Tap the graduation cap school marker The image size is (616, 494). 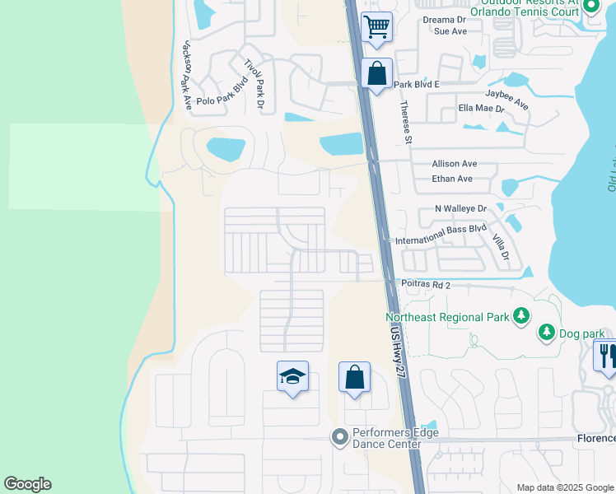292,377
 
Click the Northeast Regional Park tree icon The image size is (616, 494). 520,316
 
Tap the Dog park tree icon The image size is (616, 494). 545,333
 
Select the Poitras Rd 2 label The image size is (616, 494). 427,285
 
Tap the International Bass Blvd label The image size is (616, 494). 441,235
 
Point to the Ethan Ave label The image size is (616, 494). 452,179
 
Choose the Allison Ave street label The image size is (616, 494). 454,164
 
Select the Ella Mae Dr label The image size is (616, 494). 481,109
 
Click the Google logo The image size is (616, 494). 27,484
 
